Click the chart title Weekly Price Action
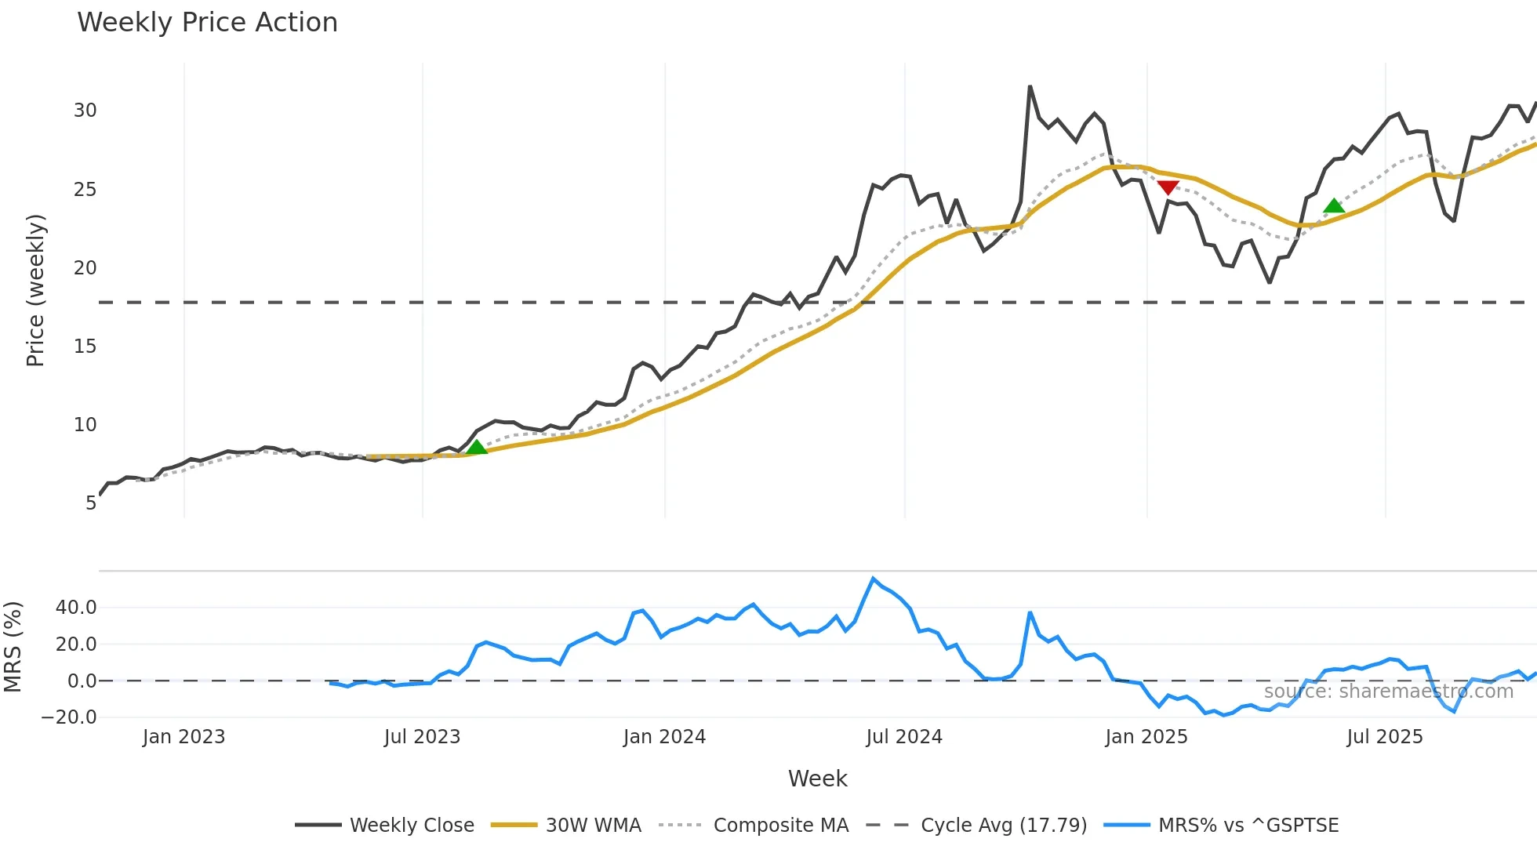click(x=207, y=23)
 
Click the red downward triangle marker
click(x=1168, y=187)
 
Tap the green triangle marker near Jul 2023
click(x=476, y=447)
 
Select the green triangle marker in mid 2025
click(x=1334, y=206)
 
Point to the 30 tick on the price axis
click(x=85, y=111)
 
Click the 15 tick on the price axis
click(x=85, y=347)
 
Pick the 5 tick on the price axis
click(x=91, y=503)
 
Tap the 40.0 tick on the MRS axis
click(x=76, y=608)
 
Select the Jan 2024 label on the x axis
click(x=664, y=737)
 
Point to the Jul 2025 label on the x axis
click(x=1384, y=737)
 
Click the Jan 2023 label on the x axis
click(x=183, y=737)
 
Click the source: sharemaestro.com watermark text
click(x=1388, y=692)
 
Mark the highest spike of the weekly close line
click(x=1030, y=87)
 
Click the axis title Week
click(x=817, y=779)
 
